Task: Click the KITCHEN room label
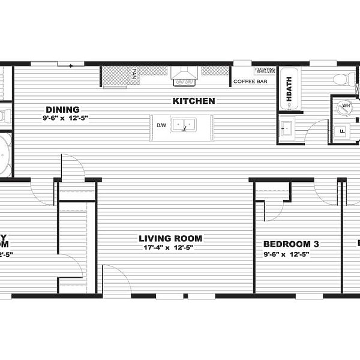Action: click(x=194, y=101)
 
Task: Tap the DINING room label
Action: click(x=62, y=109)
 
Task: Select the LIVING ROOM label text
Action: click(x=172, y=238)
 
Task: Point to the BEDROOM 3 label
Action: click(x=291, y=244)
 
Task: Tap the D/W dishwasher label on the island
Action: click(x=161, y=125)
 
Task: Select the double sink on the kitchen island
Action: click(x=184, y=125)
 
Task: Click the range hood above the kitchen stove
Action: click(x=184, y=74)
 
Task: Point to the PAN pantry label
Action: click(x=134, y=75)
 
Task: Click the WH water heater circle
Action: click(x=346, y=106)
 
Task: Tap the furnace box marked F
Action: click(x=343, y=130)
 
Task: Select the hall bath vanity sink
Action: click(x=287, y=129)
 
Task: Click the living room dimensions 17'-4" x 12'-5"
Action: click(x=172, y=247)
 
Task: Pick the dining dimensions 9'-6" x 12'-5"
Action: click(x=65, y=118)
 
